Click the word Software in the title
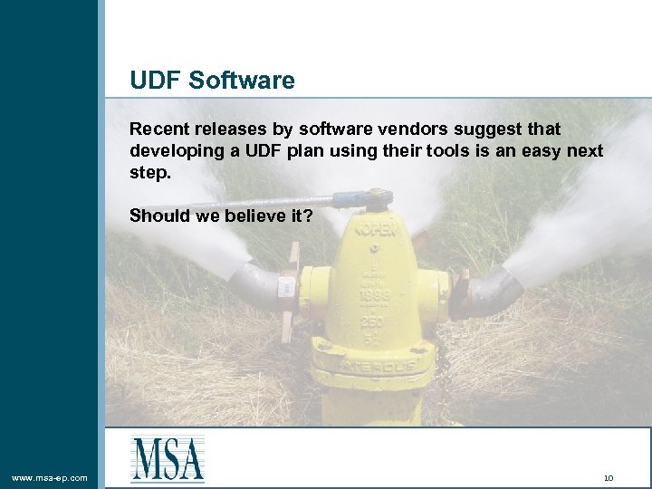click(x=242, y=81)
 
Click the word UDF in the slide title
click(x=156, y=81)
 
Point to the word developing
click(x=173, y=150)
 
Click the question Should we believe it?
click(x=221, y=216)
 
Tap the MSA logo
click(x=168, y=458)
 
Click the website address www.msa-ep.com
click(x=50, y=477)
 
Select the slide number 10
click(x=609, y=477)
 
